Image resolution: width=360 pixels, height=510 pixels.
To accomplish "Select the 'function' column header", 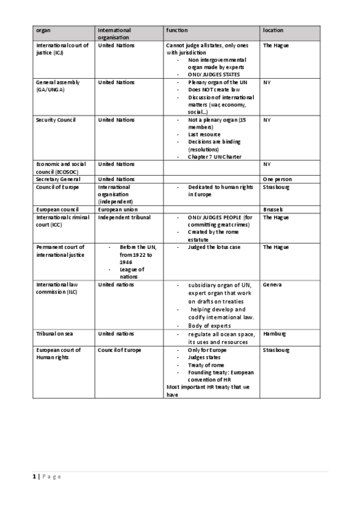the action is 177,30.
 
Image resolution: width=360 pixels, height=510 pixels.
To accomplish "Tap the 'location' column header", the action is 273,30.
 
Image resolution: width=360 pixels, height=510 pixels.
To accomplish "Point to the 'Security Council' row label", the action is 56,120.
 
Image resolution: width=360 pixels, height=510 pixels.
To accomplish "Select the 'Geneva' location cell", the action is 272,284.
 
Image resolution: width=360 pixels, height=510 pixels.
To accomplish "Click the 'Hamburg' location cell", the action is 275,333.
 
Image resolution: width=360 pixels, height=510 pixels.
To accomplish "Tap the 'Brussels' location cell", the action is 273,209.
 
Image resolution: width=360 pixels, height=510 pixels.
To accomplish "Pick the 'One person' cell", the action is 278,179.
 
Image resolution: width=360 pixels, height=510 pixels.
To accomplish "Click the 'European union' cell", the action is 118,209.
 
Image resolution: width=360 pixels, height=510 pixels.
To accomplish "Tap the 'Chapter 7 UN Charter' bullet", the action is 215,157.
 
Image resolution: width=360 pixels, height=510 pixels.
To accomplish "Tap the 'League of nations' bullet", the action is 132,273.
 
